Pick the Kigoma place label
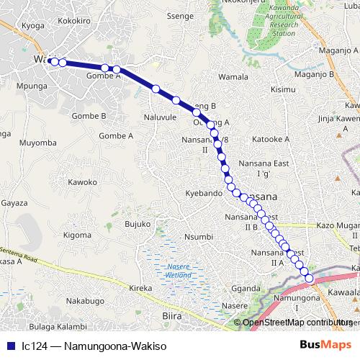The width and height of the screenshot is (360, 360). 77,235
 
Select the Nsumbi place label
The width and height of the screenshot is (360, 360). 199,237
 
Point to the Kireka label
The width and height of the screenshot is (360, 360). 140,288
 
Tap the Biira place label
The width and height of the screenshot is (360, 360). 171,315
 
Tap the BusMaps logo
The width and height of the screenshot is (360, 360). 325,345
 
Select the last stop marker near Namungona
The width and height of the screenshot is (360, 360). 310,279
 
